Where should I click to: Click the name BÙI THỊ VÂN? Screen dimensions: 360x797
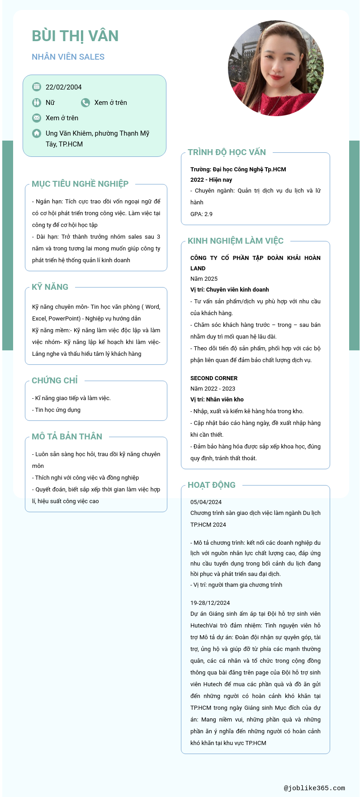pyautogui.click(x=75, y=36)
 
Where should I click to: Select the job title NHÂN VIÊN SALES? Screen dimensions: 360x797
pyautogui.click(x=68, y=57)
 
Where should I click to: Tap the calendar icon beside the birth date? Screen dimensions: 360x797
pyautogui.click(x=37, y=87)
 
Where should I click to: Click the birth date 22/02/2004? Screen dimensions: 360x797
pyautogui.click(x=63, y=87)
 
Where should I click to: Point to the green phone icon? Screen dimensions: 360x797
pyautogui.click(x=85, y=103)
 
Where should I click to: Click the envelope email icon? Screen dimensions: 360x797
pyautogui.click(x=37, y=118)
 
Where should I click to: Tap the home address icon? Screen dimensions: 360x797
pyautogui.click(x=37, y=133)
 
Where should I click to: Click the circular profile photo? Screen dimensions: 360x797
pyautogui.click(x=275, y=68)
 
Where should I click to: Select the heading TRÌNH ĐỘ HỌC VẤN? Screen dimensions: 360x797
pyautogui.click(x=227, y=152)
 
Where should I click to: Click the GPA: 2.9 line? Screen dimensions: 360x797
pyautogui.click(x=201, y=214)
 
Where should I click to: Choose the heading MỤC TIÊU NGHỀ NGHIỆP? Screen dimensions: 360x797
pyautogui.click(x=80, y=184)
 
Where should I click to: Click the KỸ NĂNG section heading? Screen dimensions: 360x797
pyautogui.click(x=50, y=287)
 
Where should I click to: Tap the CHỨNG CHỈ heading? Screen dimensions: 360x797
pyautogui.click(x=55, y=381)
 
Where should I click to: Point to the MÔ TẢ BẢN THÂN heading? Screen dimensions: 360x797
pyautogui.click(x=67, y=437)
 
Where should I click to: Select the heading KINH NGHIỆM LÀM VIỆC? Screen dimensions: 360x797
pyautogui.click(x=236, y=241)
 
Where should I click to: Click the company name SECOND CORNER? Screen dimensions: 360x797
pyautogui.click(x=214, y=378)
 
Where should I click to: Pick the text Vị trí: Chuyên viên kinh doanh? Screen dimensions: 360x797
pyautogui.click(x=230, y=290)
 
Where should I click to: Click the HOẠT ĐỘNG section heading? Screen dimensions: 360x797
pyautogui.click(x=212, y=485)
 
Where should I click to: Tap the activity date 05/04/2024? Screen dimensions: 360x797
pyautogui.click(x=206, y=502)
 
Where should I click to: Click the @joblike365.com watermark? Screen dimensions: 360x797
pyautogui.click(x=314, y=788)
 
